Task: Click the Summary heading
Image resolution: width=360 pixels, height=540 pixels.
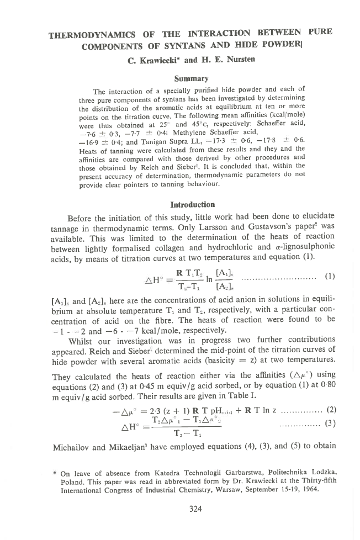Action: pos(190,79)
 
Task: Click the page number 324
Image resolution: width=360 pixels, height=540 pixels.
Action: pos(195,509)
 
